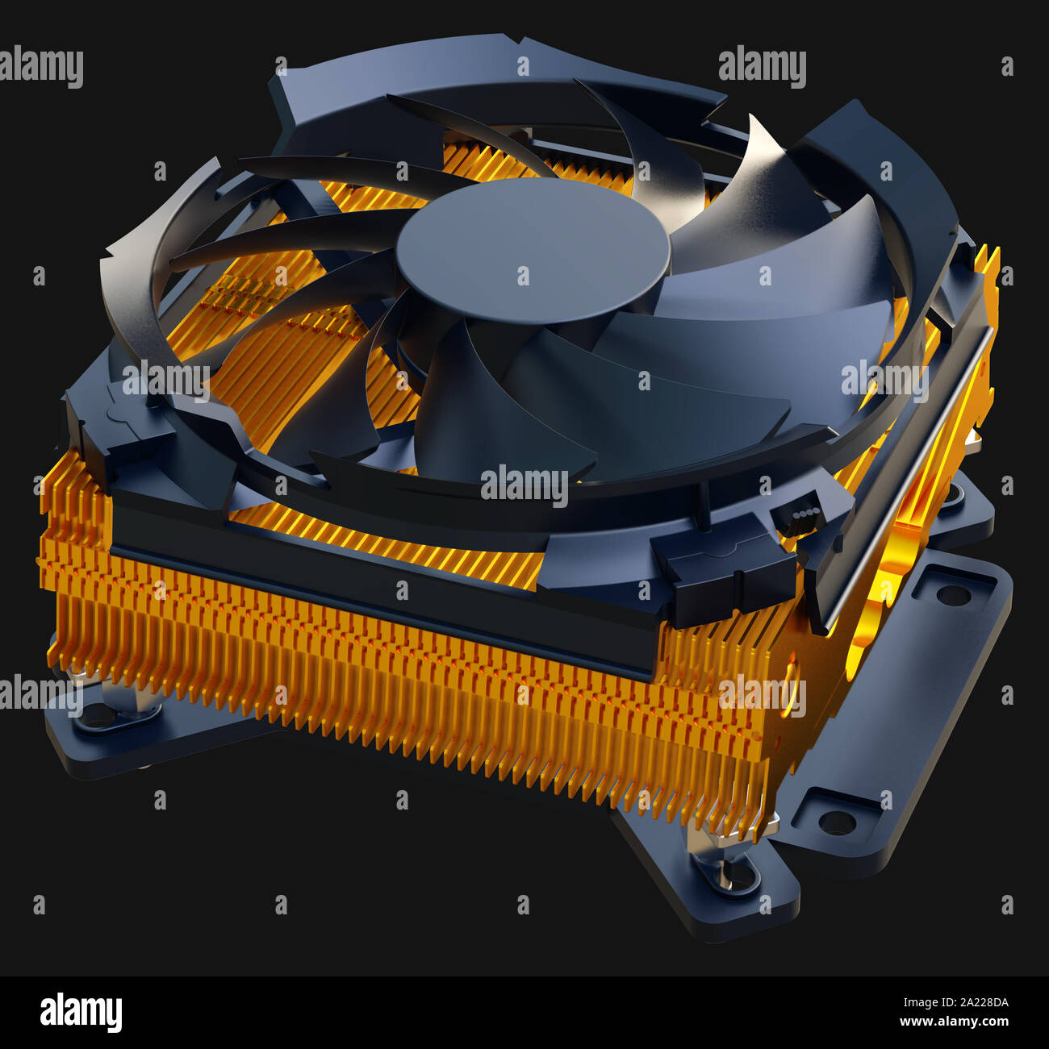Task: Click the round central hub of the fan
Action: pyautogui.click(x=533, y=242)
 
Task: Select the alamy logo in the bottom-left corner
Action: pyautogui.click(x=81, y=1012)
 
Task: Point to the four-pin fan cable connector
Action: pyautogui.click(x=796, y=519)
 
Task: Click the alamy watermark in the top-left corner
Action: pyautogui.click(x=41, y=68)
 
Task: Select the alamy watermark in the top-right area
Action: pyautogui.click(x=762, y=68)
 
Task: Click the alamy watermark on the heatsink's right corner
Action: pyautogui.click(x=762, y=695)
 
